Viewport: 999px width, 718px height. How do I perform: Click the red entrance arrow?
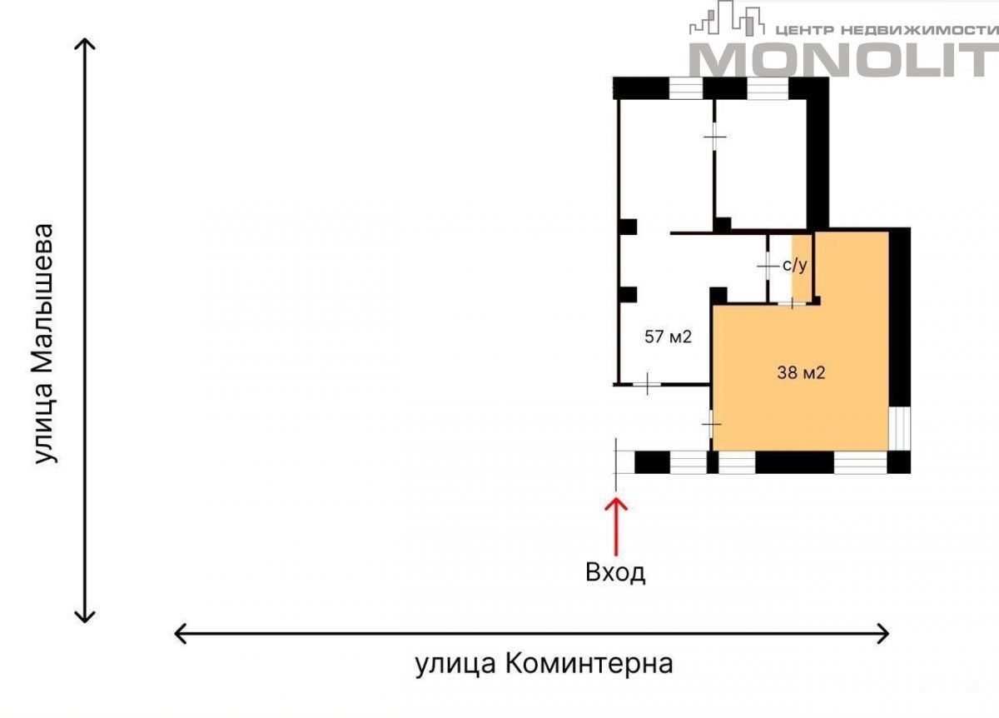pyautogui.click(x=616, y=527)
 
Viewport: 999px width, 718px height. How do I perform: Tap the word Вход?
pyautogui.click(x=615, y=572)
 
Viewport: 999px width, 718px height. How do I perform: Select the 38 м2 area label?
pyautogui.click(x=801, y=372)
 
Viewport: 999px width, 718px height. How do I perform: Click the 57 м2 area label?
pyautogui.click(x=668, y=337)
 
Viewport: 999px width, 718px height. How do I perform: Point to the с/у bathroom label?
pyautogui.click(x=795, y=265)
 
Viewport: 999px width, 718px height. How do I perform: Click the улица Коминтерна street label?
pyautogui.click(x=544, y=664)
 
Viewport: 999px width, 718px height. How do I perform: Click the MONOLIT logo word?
pyautogui.click(x=843, y=60)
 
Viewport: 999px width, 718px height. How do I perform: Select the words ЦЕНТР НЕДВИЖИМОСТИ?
pyautogui.click(x=887, y=30)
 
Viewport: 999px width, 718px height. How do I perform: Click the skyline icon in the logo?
pyautogui.click(x=727, y=19)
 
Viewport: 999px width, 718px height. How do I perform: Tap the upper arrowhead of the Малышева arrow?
pyautogui.click(x=85, y=43)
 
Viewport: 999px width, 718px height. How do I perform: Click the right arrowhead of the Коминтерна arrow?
pyautogui.click(x=883, y=634)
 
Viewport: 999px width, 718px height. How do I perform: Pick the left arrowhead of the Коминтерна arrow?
pyautogui.click(x=180, y=634)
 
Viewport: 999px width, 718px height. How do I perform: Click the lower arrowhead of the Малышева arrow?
pyautogui.click(x=85, y=617)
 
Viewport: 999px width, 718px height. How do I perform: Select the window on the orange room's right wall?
pyautogui.click(x=900, y=428)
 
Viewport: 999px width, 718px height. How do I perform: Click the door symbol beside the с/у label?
pyautogui.click(x=768, y=267)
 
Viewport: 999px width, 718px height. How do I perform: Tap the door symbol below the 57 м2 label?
pyautogui.click(x=647, y=384)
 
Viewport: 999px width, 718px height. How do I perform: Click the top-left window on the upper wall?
pyautogui.click(x=686, y=88)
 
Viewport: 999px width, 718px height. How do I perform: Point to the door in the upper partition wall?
pyautogui.click(x=715, y=137)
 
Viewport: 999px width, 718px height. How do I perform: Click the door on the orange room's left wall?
pyautogui.click(x=711, y=423)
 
